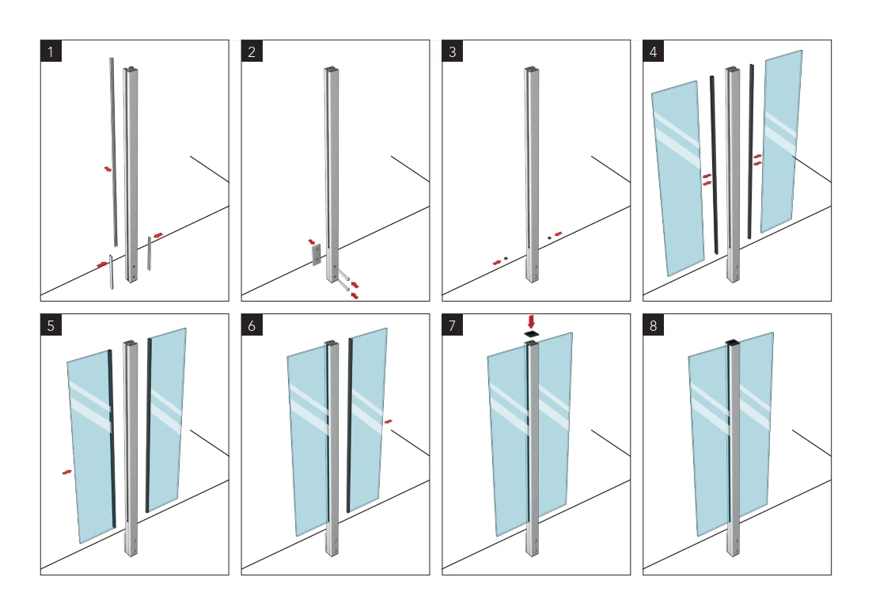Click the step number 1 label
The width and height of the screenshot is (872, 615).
point(51,52)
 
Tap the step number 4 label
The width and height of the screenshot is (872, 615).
point(654,52)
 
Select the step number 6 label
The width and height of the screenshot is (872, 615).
point(252,326)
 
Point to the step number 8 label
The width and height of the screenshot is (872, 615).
point(654,326)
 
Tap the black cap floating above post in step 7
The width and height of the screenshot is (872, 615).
point(531,335)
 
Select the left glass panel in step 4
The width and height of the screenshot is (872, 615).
point(677,178)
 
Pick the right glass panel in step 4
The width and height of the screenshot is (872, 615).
point(782,142)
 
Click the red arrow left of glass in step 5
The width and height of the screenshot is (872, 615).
point(67,473)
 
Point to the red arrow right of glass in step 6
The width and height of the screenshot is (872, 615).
point(388,422)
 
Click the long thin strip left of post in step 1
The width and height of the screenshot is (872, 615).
point(113,150)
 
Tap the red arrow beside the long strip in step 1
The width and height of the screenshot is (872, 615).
point(108,169)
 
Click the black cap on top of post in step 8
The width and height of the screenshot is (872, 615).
point(733,343)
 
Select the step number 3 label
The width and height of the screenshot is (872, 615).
point(453,52)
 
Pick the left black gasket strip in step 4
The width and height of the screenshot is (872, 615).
point(714,166)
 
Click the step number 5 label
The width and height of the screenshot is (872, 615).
point(51,326)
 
